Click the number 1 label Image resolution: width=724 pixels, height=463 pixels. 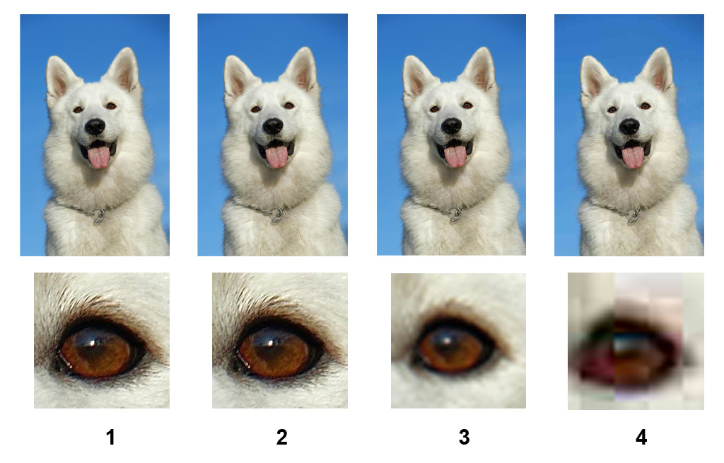pos(110,437)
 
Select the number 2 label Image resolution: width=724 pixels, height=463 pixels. pos(281,437)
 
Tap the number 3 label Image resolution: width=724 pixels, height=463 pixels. pos(464,437)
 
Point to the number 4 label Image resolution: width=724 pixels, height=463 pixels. pos(641,437)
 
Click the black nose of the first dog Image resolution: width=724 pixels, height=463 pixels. pos(95,126)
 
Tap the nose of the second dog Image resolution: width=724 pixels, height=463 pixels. pos(273,126)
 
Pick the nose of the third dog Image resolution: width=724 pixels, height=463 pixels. pos(451,125)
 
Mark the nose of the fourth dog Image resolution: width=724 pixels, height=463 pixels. pos(629,126)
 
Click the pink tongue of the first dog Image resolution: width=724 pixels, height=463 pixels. pos(99,156)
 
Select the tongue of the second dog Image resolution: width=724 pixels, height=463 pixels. pos(276,156)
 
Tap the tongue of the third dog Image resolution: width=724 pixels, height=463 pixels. pos(455,156)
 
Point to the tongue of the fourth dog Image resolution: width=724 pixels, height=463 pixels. pos(633,156)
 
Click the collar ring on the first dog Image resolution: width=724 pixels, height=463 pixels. pos(98,216)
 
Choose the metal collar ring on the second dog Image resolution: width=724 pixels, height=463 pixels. pos(276,215)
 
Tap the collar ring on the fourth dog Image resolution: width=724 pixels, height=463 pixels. pos(633,215)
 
